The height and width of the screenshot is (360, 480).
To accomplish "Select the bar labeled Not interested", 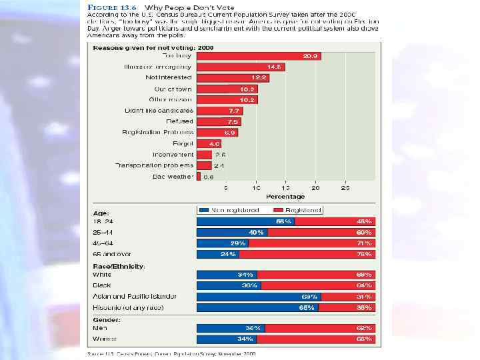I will pyautogui.click(x=233, y=78).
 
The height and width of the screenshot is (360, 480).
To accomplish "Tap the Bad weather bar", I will pyautogui.click(x=198, y=177).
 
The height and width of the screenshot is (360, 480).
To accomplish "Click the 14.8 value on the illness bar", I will pyautogui.click(x=275, y=67).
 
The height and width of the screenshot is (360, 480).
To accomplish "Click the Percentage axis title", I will pyautogui.click(x=285, y=197).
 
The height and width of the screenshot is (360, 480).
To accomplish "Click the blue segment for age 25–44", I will pyautogui.click(x=231, y=233).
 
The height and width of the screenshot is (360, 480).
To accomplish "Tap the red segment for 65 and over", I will pyautogui.click(x=307, y=254).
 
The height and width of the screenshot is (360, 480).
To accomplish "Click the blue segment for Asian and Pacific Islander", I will pyautogui.click(x=259, y=297).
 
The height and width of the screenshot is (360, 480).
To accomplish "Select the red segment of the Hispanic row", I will pyautogui.click(x=347, y=307).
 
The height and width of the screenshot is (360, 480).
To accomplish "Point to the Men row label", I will pyautogui.click(x=99, y=328).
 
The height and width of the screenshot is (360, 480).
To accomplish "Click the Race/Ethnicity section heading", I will pyautogui.click(x=119, y=266).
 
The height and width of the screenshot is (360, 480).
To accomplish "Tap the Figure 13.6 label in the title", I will pyautogui.click(x=109, y=7).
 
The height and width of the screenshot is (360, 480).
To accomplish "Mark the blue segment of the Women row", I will pyautogui.click(x=226, y=339).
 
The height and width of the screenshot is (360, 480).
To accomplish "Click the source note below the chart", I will pyautogui.click(x=172, y=354).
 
